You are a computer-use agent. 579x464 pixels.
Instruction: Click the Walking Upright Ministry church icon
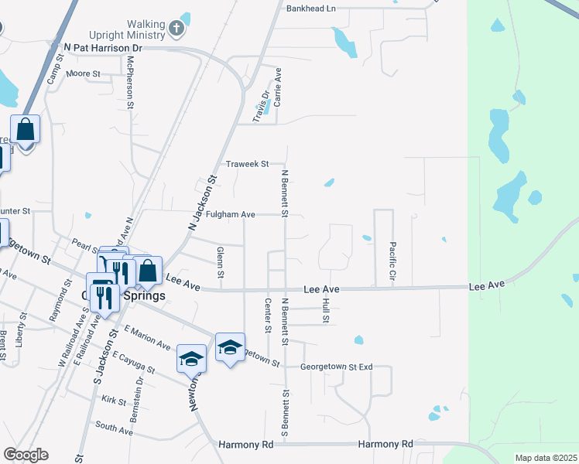(x=176, y=30)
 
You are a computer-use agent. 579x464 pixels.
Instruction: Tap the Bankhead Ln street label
(x=311, y=9)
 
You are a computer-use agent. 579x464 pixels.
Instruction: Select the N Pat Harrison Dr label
(x=103, y=48)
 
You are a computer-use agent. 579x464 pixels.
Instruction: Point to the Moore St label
(x=84, y=73)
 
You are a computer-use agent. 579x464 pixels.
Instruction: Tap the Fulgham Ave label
(x=231, y=214)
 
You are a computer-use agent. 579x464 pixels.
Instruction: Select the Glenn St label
(x=221, y=263)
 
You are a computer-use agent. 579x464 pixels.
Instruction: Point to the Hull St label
(x=326, y=310)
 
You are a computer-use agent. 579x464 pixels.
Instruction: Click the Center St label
(x=267, y=316)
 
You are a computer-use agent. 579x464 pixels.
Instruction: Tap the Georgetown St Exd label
(x=337, y=367)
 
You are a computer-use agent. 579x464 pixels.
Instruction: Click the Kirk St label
(x=113, y=400)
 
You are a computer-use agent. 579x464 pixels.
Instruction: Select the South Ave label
(x=114, y=426)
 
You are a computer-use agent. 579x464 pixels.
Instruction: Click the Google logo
(x=26, y=455)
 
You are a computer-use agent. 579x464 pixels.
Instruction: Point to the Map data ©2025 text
(x=545, y=458)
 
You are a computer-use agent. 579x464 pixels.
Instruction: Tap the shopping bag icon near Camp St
(x=26, y=131)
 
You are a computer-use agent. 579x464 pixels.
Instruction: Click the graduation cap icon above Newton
(x=191, y=359)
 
